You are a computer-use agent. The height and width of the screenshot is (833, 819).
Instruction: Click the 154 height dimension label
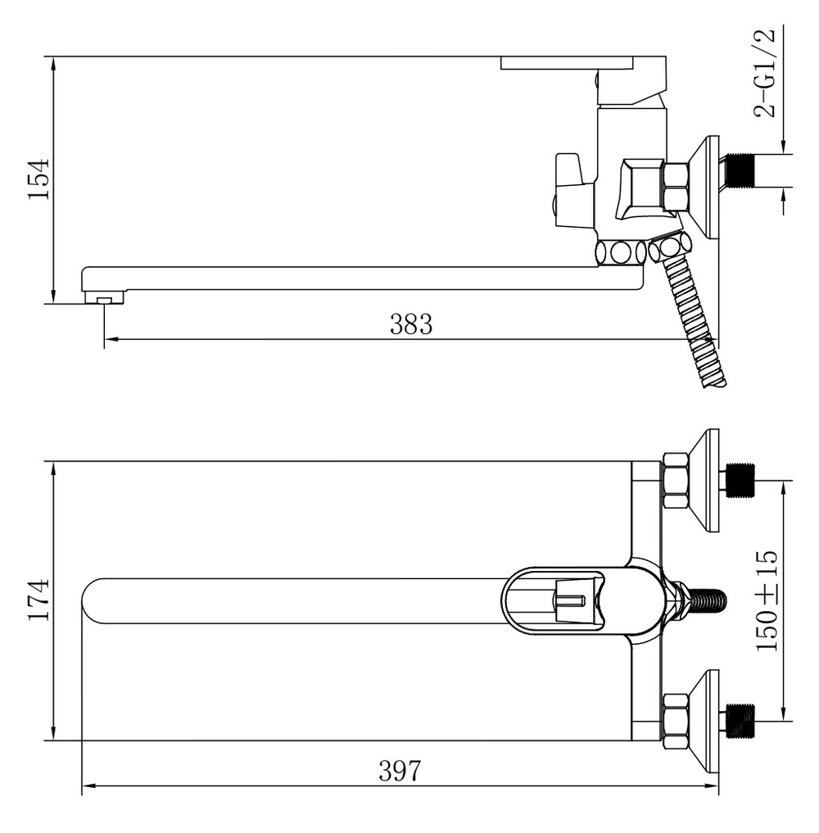38,179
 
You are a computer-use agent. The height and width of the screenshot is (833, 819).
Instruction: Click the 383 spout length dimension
411,324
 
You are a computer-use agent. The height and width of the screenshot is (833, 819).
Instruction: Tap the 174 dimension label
38,600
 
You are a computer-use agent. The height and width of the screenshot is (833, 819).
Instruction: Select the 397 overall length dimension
400,771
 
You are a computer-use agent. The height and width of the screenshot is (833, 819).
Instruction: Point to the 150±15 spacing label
767,601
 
